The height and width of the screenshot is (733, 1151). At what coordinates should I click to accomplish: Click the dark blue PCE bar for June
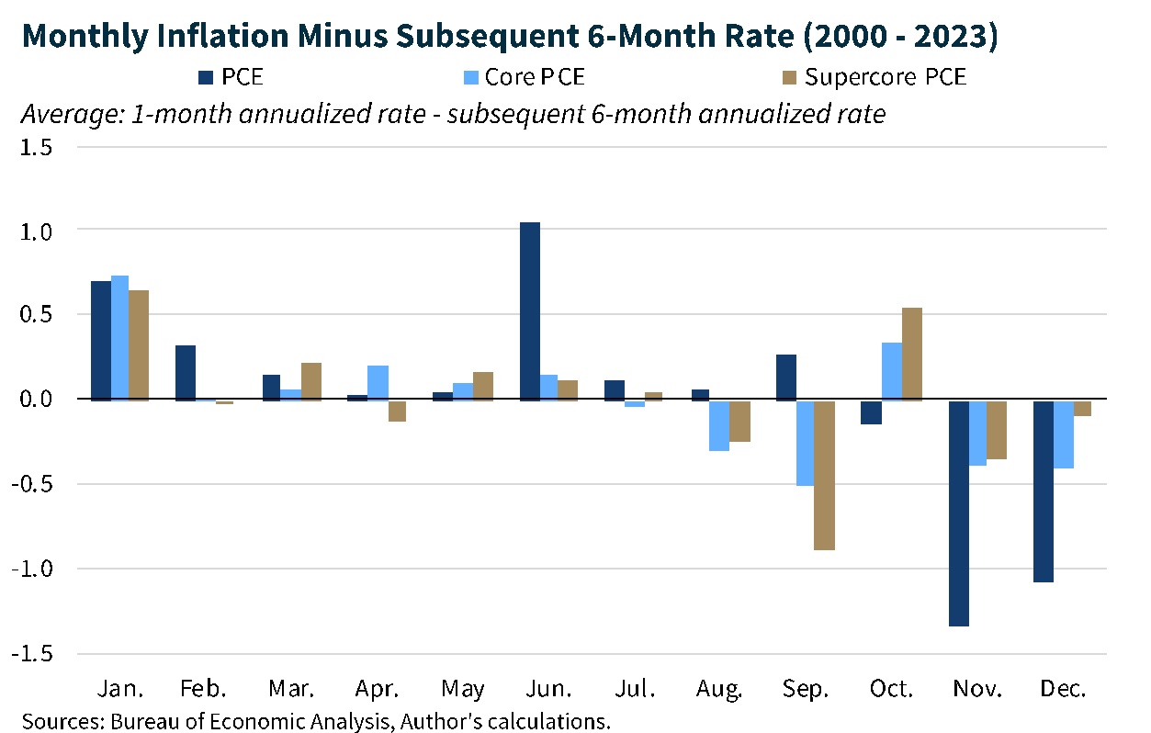pyautogui.click(x=530, y=311)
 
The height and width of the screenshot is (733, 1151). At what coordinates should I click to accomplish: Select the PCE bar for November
pyautogui.click(x=959, y=513)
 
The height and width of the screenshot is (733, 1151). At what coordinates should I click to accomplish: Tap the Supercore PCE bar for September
pyautogui.click(x=824, y=475)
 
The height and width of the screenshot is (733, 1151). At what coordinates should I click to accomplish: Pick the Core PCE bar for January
pyautogui.click(x=119, y=337)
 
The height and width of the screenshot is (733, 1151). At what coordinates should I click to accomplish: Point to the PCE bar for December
pyautogui.click(x=1043, y=491)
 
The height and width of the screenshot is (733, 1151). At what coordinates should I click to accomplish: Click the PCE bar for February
pyautogui.click(x=186, y=372)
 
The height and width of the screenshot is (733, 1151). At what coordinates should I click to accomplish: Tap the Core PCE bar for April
pyautogui.click(x=378, y=382)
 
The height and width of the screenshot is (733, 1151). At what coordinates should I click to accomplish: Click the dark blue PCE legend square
pyautogui.click(x=203, y=77)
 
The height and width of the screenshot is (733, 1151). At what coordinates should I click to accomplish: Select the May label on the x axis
pyautogui.click(x=463, y=689)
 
